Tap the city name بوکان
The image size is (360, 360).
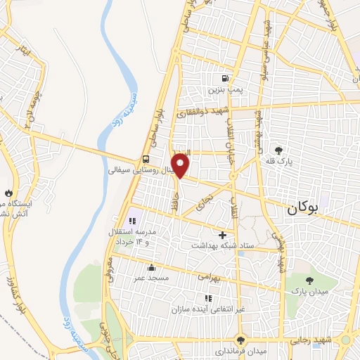coord(304,208)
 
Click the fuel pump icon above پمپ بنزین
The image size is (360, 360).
coord(225,79)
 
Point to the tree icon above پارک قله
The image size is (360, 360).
coord(279,150)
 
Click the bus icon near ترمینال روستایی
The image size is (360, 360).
coord(145,159)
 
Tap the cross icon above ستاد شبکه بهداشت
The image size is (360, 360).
coord(223,235)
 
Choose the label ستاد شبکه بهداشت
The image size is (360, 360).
coord(222,246)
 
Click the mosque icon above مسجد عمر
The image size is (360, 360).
coord(151,267)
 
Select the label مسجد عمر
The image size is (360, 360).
coord(151,278)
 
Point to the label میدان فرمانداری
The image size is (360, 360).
coord(241,350)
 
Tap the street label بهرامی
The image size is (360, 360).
coord(209,278)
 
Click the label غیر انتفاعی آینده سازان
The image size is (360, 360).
coord(210,309)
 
